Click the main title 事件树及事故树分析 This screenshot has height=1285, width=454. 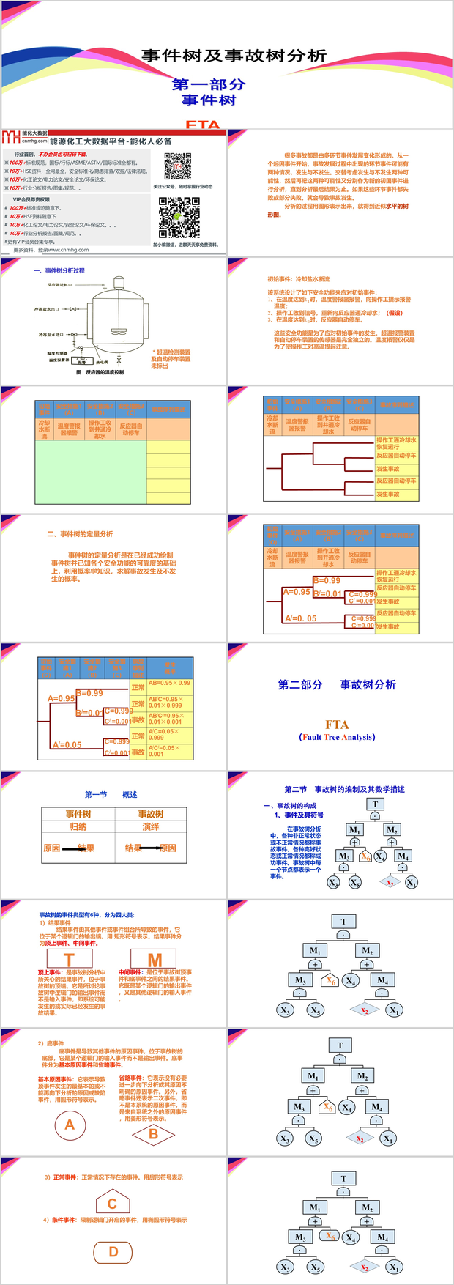tap(234, 56)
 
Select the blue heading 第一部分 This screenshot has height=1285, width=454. tap(209, 84)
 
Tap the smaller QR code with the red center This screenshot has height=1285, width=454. tap(177, 166)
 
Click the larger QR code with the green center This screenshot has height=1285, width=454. tap(179, 217)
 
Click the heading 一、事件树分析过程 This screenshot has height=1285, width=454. tap(59, 270)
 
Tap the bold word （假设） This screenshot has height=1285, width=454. tap(395, 313)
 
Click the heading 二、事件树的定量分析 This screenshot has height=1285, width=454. tap(80, 534)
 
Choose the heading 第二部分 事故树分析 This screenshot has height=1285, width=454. tap(337, 684)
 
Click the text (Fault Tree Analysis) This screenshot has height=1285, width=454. tap(337, 737)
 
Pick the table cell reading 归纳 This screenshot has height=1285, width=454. tap(78, 826)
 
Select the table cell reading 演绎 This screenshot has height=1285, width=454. tap(151, 826)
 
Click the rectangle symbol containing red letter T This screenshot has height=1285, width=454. tap(69, 960)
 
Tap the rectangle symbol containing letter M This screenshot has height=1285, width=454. tap(155, 959)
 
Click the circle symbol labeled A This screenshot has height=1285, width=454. tap(70, 1124)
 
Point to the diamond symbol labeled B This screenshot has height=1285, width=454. tap(153, 1134)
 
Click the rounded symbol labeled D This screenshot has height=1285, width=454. tap(113, 1252)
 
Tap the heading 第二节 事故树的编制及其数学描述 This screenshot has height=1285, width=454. tap(344, 789)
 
